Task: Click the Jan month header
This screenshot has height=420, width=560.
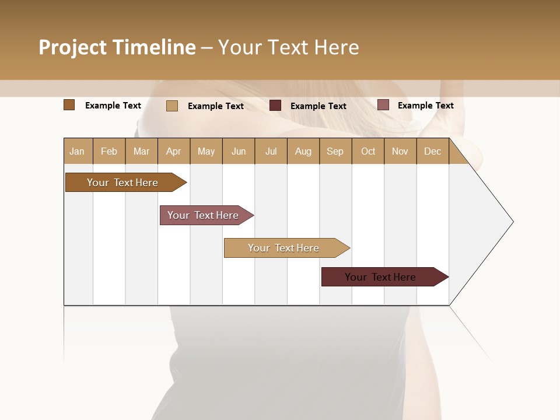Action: tap(78, 151)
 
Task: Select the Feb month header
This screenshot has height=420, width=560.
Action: tap(109, 151)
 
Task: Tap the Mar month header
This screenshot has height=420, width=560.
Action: tap(141, 151)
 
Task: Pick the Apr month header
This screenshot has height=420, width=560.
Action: tap(174, 151)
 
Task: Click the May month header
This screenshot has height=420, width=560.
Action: tap(206, 151)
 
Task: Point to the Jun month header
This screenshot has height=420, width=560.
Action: tap(239, 151)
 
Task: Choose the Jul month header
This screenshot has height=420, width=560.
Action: tap(271, 151)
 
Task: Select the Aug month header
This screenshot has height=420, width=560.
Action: tap(303, 151)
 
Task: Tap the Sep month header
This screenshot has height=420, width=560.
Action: tap(335, 151)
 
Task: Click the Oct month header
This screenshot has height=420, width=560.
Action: tap(368, 151)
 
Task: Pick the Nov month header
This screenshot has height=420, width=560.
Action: tap(400, 151)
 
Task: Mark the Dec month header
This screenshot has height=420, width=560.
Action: tap(433, 151)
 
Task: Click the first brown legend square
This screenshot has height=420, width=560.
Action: tap(69, 105)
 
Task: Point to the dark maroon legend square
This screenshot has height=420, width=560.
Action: tap(275, 106)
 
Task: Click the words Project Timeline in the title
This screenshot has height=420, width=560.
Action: tap(117, 47)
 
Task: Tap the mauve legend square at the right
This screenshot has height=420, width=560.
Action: tap(383, 105)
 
